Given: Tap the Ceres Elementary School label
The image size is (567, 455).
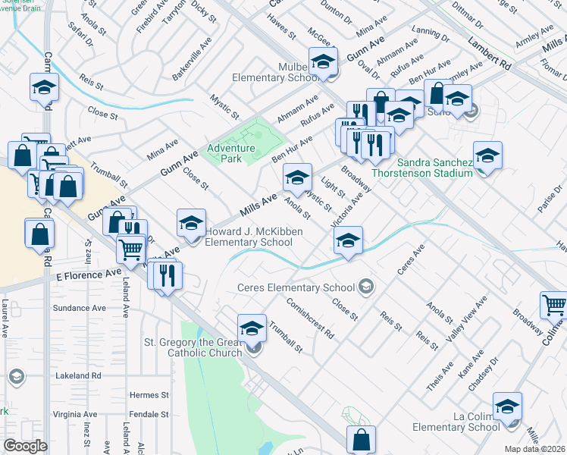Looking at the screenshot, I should pyautogui.click(x=296, y=287).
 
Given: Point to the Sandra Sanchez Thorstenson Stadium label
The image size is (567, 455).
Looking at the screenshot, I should pyautogui.click(x=433, y=168).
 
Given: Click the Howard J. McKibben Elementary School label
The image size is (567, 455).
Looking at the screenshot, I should pyautogui.click(x=249, y=237).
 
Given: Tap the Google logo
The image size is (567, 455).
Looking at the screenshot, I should pyautogui.click(x=25, y=446).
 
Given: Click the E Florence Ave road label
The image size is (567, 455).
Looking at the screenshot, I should pyautogui.click(x=89, y=273).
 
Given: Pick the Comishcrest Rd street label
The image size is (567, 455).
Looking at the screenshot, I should pyautogui.click(x=311, y=316).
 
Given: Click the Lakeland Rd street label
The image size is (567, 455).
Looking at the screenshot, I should pyautogui.click(x=77, y=375).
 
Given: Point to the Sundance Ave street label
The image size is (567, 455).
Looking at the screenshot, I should pyautogui.click(x=79, y=309).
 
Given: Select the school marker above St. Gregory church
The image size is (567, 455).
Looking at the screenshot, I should pyautogui.click(x=252, y=328).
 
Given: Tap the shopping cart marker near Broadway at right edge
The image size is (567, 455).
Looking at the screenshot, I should pyautogui.click(x=554, y=306).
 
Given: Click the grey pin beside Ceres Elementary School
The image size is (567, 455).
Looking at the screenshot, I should pyautogui.click(x=366, y=286).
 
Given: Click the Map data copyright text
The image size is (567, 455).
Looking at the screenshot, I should pyautogui.click(x=534, y=449).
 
